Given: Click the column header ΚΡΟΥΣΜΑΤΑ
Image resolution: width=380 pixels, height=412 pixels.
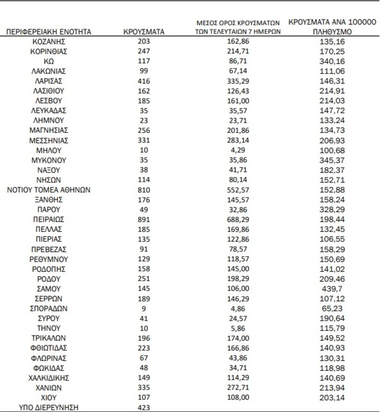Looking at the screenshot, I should click(144, 32).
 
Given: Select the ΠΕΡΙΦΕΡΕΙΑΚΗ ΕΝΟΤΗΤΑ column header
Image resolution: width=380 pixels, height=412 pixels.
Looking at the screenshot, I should click(49, 32).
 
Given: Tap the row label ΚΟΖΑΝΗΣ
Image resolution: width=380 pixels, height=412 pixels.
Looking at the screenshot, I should click(49, 42).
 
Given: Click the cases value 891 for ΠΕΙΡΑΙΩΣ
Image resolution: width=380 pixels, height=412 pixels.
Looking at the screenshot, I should click(144, 219).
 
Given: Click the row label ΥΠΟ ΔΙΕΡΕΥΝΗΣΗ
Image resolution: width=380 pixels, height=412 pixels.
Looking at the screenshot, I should click(49, 407).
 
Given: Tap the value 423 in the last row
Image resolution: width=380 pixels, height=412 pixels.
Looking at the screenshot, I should click(144, 407).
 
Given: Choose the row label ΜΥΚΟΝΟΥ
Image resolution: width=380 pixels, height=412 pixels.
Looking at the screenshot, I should click(49, 160).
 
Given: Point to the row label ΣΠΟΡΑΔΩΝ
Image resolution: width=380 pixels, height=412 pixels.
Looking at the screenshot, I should click(49, 308).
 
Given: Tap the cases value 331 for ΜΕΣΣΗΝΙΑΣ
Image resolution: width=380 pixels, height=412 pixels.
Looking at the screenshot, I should click(144, 140).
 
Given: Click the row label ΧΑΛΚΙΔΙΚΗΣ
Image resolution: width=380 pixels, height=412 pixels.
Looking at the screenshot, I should click(49, 377).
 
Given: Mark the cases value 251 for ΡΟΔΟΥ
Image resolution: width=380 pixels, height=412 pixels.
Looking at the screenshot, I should click(144, 279).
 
